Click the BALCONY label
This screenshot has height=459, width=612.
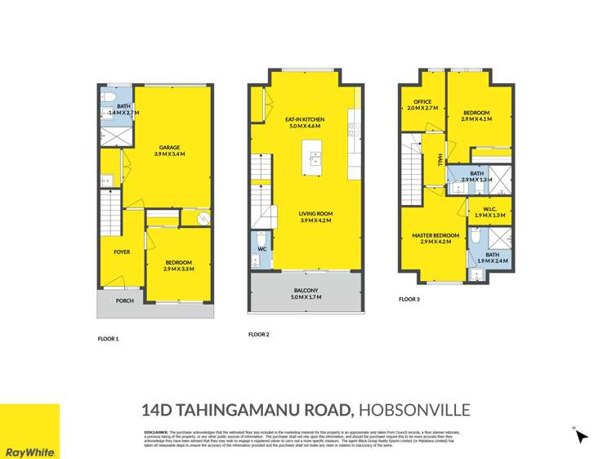(x=302, y=292)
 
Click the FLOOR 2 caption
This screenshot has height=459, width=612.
(x=259, y=335)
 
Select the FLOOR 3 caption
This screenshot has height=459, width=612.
(x=409, y=300)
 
